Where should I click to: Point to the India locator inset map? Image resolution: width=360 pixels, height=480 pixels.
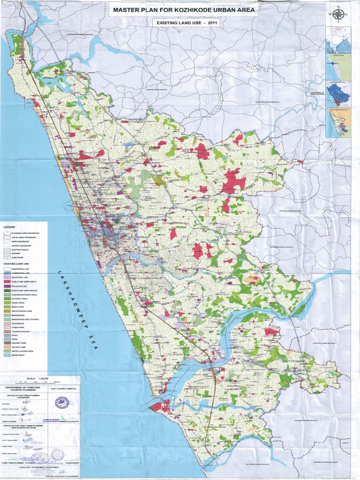tap(338, 39)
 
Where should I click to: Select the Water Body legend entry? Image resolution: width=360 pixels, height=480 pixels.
tap(14, 356)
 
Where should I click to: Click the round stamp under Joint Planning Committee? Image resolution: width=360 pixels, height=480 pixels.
tap(61, 402)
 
